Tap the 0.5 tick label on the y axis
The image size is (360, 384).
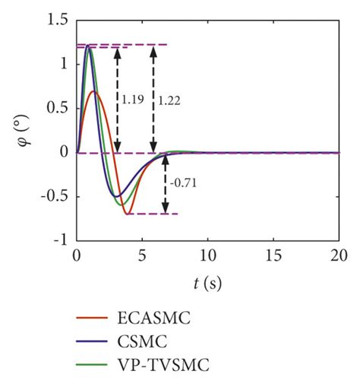coord(57,109)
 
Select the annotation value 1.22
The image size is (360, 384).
coord(169,98)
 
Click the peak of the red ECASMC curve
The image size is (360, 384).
coord(93,91)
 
